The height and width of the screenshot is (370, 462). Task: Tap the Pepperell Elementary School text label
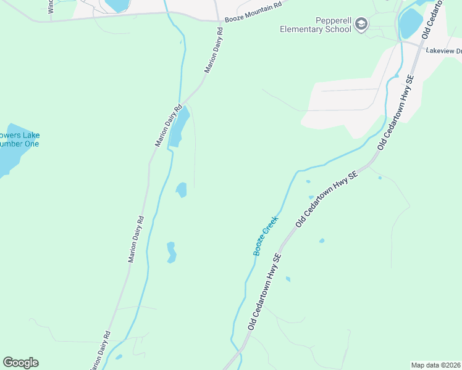coord(315,25)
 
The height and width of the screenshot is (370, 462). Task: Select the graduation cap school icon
coord(361,25)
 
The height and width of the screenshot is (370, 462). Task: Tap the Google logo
coord(20,363)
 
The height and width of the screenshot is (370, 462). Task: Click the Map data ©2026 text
coord(435,365)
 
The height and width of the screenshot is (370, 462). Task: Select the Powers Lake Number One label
coord(19,139)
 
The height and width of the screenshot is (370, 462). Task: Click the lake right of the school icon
coord(410,23)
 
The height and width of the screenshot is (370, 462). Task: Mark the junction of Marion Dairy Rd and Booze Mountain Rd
coord(220,21)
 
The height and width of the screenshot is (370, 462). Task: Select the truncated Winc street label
coord(51,6)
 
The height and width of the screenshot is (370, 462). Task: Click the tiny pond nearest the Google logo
coord(119,356)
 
